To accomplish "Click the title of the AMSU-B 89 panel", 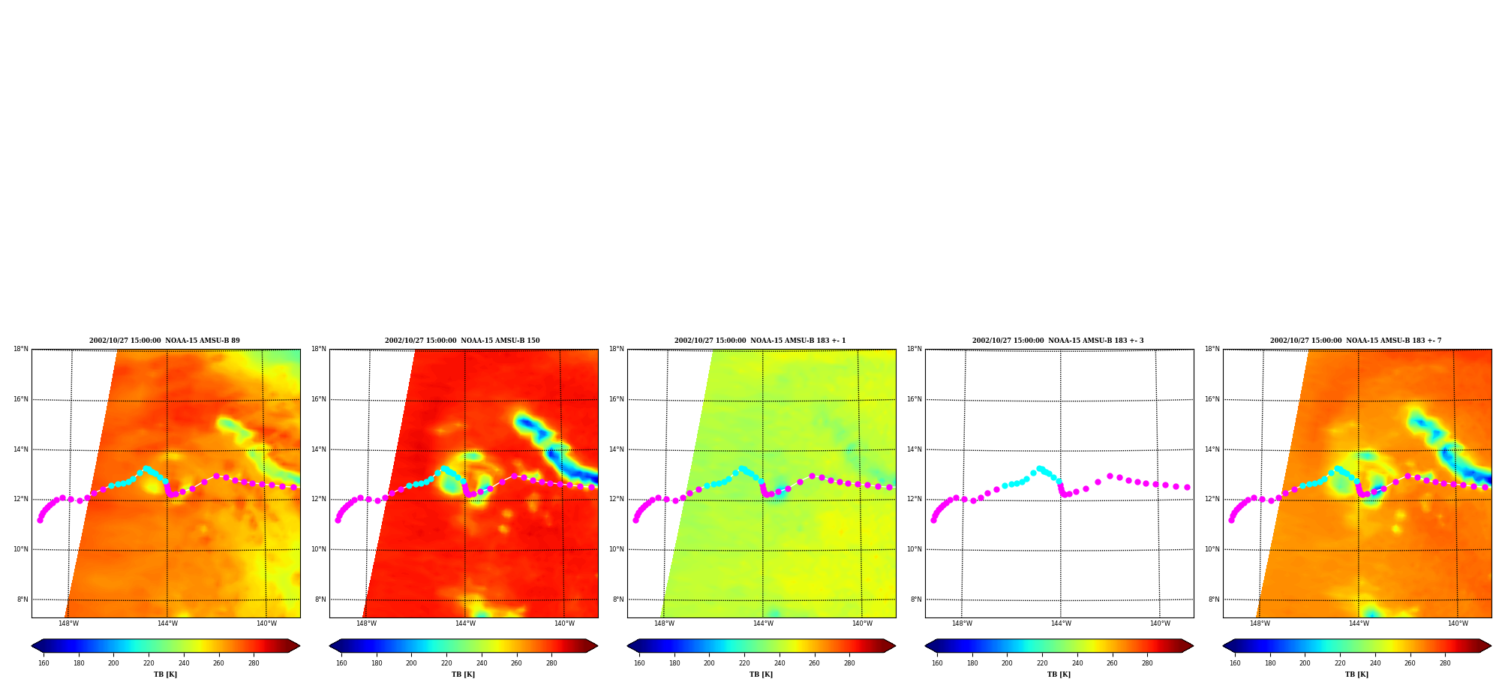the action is coord(164,341).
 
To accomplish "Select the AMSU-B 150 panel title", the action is coord(462,341).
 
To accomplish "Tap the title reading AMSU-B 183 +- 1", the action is coord(760,341).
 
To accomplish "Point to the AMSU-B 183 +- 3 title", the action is coord(1058,341).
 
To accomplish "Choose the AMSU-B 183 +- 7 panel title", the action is coord(1356,341).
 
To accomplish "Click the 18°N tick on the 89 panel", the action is coord(20,349).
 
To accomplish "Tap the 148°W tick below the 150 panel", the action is coord(366,623).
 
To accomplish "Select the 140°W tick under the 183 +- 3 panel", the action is coord(1160,623).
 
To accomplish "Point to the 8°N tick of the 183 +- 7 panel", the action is coord(1214,599).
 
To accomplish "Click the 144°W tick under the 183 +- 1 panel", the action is coord(763,623).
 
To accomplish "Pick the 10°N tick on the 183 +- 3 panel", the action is coord(914,549).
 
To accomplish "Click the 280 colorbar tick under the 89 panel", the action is coord(254,663).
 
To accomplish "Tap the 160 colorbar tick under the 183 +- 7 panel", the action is coord(1235,663).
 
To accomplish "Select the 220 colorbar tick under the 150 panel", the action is coord(446,663).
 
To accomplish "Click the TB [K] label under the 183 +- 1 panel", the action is coord(761,674).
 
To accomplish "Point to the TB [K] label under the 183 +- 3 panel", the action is coord(1059,674).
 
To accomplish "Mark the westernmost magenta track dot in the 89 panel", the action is coord(40,520).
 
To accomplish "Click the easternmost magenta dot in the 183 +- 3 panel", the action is coord(1187,487).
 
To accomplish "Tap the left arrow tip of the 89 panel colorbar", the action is coord(32,646).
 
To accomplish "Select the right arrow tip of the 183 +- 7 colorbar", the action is coord(1491,646).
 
